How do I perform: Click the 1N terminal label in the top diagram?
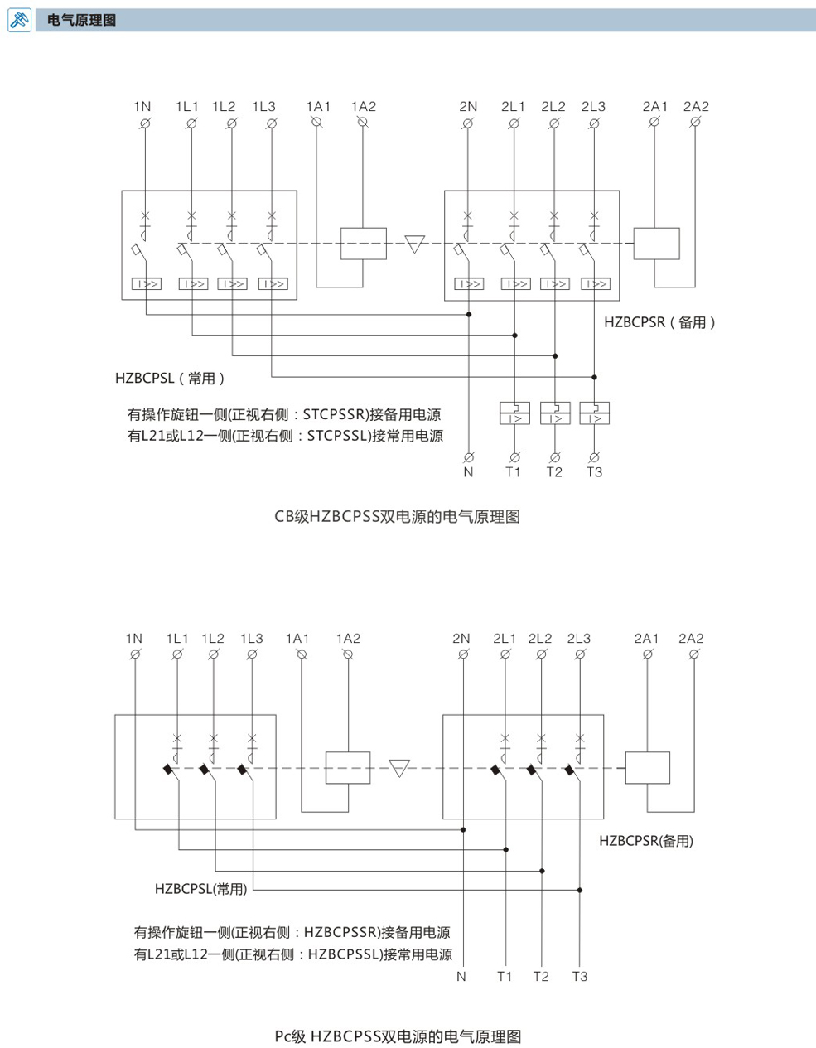tap(142, 107)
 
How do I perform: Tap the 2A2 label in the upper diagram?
tap(696, 107)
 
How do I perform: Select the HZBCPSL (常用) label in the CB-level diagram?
tap(170, 378)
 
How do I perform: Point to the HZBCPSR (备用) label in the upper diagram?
tap(659, 322)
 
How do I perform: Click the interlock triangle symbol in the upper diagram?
tap(415, 244)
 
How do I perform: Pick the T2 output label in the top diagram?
tap(554, 471)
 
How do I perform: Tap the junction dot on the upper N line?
tap(469, 315)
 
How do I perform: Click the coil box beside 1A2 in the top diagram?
tap(363, 244)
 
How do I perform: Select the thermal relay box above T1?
tap(514, 413)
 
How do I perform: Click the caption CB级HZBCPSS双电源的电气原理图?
tap(397, 516)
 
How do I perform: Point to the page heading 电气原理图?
tap(81, 20)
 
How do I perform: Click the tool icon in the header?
tap(20, 20)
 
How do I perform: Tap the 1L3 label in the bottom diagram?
tap(252, 639)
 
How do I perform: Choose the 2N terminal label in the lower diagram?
tap(461, 639)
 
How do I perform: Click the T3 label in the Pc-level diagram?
tap(580, 977)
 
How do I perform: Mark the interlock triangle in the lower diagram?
tap(399, 768)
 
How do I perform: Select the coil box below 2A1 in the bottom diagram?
tap(647, 767)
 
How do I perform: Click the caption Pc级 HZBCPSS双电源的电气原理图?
tap(398, 1036)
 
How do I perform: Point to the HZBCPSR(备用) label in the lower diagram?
tap(646, 841)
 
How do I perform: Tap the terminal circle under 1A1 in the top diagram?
tap(316, 123)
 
